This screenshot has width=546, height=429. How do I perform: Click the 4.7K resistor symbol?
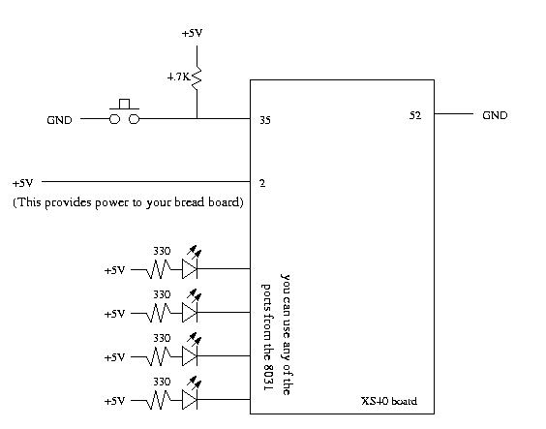tap(197, 78)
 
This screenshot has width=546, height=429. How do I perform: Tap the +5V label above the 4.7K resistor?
tap(192, 33)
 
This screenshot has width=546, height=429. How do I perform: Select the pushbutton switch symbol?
tap(124, 112)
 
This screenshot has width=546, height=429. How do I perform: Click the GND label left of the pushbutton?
tap(59, 120)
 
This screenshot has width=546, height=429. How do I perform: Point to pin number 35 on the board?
tap(265, 120)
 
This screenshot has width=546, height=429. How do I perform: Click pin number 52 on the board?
tap(415, 115)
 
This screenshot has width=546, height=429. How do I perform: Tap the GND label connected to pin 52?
tap(495, 115)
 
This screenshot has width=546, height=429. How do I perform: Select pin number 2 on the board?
tap(262, 183)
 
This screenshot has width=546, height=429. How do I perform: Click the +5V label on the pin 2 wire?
tap(22, 183)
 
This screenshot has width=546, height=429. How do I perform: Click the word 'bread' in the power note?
tap(189, 202)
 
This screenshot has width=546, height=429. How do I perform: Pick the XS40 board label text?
tap(389, 401)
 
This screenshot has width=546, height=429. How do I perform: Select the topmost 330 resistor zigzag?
tap(159, 270)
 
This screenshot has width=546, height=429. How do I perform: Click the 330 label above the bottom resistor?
tap(162, 382)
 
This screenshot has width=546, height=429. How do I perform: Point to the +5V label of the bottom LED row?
tap(114, 401)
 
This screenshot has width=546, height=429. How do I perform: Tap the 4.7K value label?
tap(179, 77)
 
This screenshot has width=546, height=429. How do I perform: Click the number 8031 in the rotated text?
tap(267, 378)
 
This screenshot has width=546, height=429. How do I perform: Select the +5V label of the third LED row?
tap(114, 357)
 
